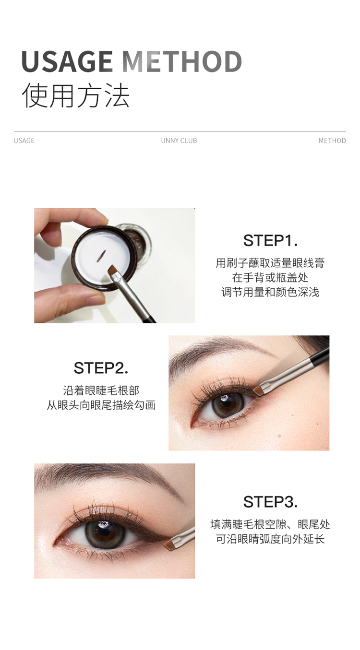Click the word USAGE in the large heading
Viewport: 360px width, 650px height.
click(67, 61)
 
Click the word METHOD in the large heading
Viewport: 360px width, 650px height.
click(182, 61)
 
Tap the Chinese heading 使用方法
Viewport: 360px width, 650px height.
click(75, 95)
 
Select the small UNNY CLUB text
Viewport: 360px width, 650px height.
click(179, 141)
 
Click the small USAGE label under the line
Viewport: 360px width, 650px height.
click(24, 141)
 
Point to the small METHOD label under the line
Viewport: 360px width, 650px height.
click(333, 141)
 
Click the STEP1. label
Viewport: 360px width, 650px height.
click(270, 240)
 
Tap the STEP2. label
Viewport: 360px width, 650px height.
click(101, 368)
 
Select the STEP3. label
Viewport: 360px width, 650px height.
click(270, 502)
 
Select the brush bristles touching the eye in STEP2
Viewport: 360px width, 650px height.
click(257, 390)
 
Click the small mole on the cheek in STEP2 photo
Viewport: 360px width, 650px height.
click(279, 436)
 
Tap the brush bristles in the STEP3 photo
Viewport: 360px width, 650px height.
click(169, 544)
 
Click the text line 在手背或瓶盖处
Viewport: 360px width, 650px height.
click(270, 278)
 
